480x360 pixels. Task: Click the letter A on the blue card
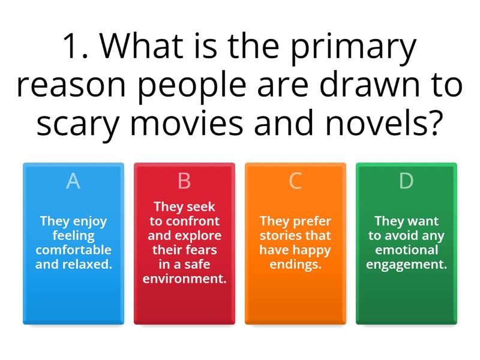(x=73, y=181)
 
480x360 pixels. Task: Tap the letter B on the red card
(x=184, y=181)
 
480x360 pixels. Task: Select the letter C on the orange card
(x=295, y=181)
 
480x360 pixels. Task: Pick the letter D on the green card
(x=406, y=181)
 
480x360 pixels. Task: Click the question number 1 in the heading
(x=73, y=48)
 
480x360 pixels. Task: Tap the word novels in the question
(x=384, y=121)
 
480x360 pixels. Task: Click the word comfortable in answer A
(x=73, y=250)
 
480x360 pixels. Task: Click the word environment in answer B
(x=184, y=278)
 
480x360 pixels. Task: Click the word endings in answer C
(x=295, y=264)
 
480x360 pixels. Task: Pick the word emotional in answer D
(x=406, y=250)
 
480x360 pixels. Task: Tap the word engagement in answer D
(x=406, y=264)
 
